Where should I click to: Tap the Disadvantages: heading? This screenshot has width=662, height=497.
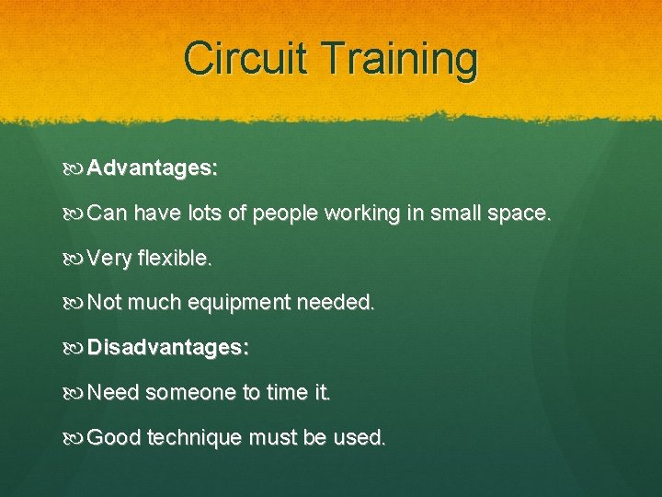pyautogui.click(x=168, y=348)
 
